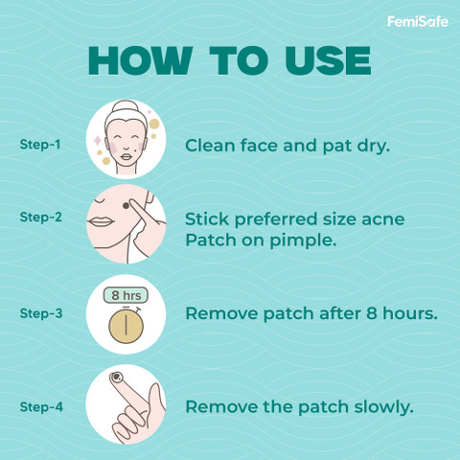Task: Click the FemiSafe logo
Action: [418, 22]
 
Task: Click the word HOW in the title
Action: [140, 60]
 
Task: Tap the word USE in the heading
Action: [328, 60]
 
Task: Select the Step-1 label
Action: [40, 145]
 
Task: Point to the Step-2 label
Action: [40, 218]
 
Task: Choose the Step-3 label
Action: [41, 313]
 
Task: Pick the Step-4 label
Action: [41, 407]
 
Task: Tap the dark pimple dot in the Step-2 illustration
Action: [126, 206]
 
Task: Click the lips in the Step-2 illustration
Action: [101, 221]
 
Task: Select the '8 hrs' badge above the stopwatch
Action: [126, 295]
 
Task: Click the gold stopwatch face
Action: [126, 326]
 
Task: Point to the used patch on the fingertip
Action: [117, 378]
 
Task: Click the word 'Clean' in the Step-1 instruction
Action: [211, 146]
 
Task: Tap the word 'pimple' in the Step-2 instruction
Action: [303, 241]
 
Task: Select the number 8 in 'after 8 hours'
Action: [372, 313]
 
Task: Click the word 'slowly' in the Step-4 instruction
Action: [383, 407]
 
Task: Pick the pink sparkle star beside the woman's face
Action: [97, 141]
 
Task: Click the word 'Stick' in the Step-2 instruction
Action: [207, 219]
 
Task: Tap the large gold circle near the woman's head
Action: [154, 124]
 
